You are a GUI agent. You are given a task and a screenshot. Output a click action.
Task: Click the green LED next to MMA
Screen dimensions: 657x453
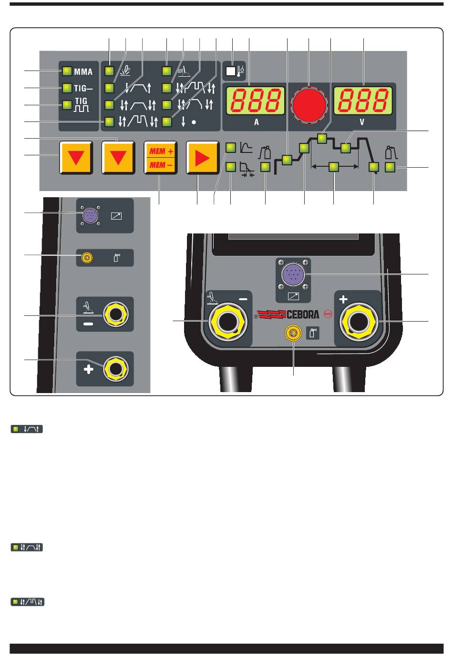pyautogui.click(x=66, y=72)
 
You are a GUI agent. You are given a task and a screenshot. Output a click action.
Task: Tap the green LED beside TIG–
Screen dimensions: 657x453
pyautogui.click(x=66, y=88)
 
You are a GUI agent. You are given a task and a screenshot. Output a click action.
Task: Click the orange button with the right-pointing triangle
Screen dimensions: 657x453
pyautogui.click(x=202, y=158)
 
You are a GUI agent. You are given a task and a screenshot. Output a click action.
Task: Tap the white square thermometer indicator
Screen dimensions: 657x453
pyautogui.click(x=231, y=72)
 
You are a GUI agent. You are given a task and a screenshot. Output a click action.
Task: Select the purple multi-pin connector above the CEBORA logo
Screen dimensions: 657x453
pyautogui.click(x=293, y=275)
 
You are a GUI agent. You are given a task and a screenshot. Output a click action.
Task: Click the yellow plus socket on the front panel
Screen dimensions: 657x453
pyautogui.click(x=358, y=323)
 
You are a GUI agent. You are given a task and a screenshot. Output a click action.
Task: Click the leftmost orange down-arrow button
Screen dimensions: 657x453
pyautogui.click(x=75, y=158)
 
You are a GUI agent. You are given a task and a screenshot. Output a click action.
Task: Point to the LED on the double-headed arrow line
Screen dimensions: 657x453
pyautogui.click(x=334, y=166)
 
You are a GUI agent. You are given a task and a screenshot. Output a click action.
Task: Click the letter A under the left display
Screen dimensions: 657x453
pyautogui.click(x=256, y=122)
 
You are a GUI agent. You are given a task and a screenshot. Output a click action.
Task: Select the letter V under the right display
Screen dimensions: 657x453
pyautogui.click(x=362, y=122)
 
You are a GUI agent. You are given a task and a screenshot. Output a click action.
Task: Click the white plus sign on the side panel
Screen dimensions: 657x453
pyautogui.click(x=89, y=369)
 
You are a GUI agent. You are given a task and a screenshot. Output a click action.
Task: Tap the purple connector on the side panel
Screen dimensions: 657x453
pyautogui.click(x=90, y=216)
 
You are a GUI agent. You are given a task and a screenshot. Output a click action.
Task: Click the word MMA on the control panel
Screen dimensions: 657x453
pyautogui.click(x=83, y=72)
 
